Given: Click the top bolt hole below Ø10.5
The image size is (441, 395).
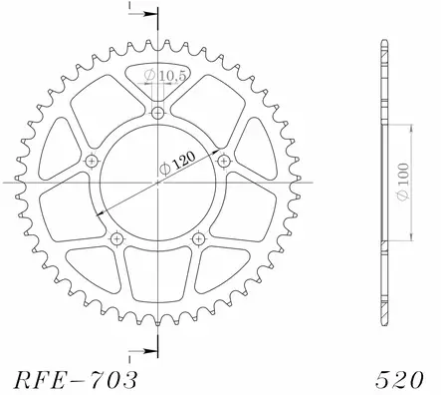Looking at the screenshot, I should click(x=157, y=115).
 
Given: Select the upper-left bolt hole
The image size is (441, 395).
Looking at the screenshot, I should click(x=94, y=162).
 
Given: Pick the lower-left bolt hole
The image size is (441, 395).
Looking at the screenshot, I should click(x=117, y=237).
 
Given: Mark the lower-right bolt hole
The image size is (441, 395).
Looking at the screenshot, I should click(x=197, y=237).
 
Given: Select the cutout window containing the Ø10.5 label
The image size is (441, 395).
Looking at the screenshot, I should click(x=158, y=80).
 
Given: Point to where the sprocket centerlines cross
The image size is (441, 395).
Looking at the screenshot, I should click(x=157, y=184).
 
